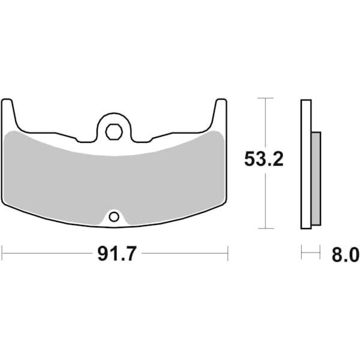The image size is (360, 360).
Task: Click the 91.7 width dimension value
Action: point(115,254)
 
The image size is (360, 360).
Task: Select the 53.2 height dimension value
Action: point(263,160)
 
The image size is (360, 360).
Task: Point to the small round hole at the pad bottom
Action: point(114,216)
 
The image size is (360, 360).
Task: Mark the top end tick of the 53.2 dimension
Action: point(265,98)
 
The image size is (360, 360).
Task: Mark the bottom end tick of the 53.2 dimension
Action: point(265,229)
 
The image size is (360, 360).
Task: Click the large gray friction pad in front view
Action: point(114,180)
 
